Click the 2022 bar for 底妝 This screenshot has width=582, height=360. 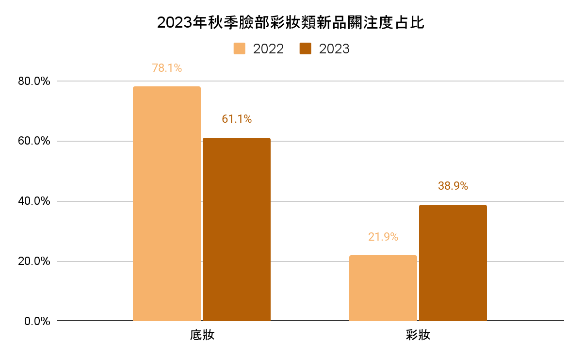click(x=166, y=204)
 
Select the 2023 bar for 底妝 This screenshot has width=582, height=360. click(x=236, y=229)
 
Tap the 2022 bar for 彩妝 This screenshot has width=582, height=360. click(x=383, y=288)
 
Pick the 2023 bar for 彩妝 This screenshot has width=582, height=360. click(x=453, y=262)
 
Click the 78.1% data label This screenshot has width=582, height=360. click(x=167, y=68)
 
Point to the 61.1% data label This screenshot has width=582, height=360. click(x=237, y=119)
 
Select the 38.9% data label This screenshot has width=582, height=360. click(x=453, y=186)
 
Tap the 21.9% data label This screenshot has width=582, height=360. click(x=383, y=237)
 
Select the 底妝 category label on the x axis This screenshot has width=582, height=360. click(x=202, y=336)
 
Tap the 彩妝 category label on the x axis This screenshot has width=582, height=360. click(x=418, y=336)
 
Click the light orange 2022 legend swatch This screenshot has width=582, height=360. click(x=240, y=49)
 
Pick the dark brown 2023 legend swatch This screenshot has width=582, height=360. click(x=305, y=49)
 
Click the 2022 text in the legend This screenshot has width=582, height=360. click(x=268, y=49)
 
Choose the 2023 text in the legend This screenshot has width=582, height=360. click(x=334, y=49)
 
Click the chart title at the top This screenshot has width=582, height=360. click(x=291, y=23)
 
